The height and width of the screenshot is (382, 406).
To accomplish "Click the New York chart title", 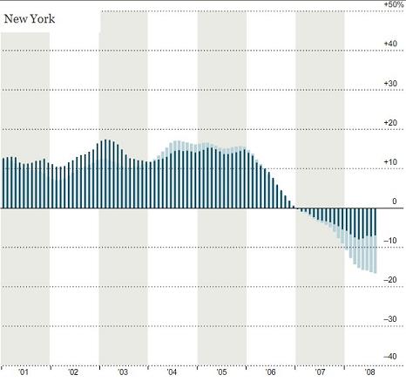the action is (x=30, y=19).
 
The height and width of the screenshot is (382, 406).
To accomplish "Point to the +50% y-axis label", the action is (x=394, y=4).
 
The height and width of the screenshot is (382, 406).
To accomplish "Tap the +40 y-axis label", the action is (x=390, y=44).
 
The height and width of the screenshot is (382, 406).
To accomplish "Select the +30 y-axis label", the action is (x=390, y=83).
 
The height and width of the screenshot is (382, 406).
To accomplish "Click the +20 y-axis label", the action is (x=390, y=123).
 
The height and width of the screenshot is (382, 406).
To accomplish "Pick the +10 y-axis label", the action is (x=390, y=162).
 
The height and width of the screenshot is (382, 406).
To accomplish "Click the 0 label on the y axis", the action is (x=395, y=201).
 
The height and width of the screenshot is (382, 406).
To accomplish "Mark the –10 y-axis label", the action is (x=390, y=241).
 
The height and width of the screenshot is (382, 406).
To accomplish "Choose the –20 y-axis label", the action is (x=390, y=280).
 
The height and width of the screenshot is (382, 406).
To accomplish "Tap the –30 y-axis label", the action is (x=390, y=319).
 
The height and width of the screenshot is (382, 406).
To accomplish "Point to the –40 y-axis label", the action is (x=390, y=357).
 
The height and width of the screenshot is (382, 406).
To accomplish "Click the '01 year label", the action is (x=24, y=372).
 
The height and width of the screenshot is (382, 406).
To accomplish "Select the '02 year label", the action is (x=73, y=372).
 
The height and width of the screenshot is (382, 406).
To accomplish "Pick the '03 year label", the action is (x=122, y=372).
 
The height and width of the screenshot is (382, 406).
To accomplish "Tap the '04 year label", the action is (x=172, y=372).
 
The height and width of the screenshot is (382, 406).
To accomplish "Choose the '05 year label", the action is (x=221, y=372).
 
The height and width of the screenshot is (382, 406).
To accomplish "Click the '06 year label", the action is (x=270, y=372).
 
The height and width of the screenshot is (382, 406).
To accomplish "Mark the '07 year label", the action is (x=320, y=372).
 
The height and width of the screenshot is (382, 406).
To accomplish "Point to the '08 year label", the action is (x=369, y=372).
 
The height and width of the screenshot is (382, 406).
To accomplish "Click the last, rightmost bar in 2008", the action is (x=376, y=241).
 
